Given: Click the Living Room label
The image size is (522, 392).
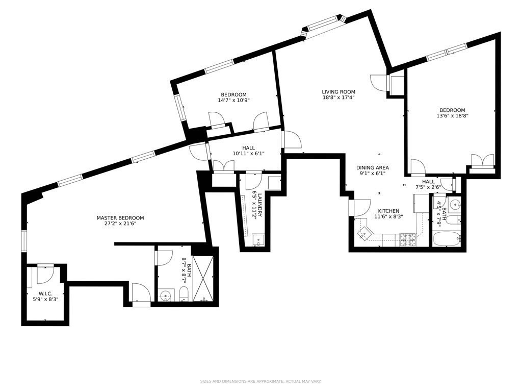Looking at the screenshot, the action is pyautogui.click(x=338, y=92).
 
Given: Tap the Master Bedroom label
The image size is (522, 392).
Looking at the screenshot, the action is pyautogui.click(x=120, y=218).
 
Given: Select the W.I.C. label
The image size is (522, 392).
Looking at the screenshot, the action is pyautogui.click(x=45, y=293).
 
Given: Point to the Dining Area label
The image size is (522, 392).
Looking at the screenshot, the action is pyautogui.click(x=373, y=167).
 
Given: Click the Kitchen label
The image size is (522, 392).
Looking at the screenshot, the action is pyautogui.click(x=388, y=211).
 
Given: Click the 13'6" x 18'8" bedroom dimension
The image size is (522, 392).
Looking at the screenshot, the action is pyautogui.click(x=453, y=116).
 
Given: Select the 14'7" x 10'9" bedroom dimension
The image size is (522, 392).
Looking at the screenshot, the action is pyautogui.click(x=233, y=101).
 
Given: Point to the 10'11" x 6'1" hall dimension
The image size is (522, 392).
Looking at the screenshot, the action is pyautogui.click(x=248, y=154).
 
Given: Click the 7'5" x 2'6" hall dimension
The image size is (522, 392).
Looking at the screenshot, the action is pyautogui.click(x=428, y=187).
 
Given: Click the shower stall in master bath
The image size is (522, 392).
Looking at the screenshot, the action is pyautogui.click(x=203, y=278).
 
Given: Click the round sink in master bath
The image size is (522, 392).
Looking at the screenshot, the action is pyautogui.click(x=166, y=295).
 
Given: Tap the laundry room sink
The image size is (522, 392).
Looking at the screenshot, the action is pyautogui.click(x=258, y=240).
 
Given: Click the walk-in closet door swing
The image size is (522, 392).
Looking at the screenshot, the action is pyautogui.click(x=45, y=274).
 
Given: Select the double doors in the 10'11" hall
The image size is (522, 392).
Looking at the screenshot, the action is pyautogui.click(x=223, y=166).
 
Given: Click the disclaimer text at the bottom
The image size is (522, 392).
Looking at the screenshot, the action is pyautogui.click(x=260, y=381).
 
